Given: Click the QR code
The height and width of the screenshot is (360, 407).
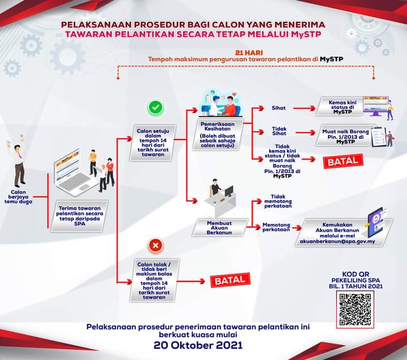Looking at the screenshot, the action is tap(356, 310).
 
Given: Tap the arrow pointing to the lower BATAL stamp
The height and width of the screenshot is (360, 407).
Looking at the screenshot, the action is tap(190, 280).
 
